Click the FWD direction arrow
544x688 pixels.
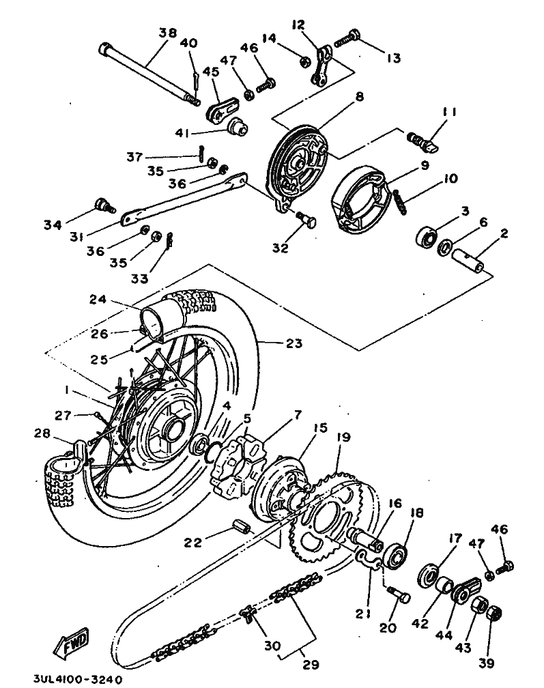(70, 643)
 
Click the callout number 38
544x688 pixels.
(168, 33)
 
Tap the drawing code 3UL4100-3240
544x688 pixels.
(78, 680)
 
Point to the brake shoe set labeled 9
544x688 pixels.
(360, 197)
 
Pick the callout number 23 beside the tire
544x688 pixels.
(294, 343)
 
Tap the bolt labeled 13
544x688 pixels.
(347, 39)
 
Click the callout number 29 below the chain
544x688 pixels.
(311, 664)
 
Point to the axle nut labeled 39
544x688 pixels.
(495, 613)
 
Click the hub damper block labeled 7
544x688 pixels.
(237, 468)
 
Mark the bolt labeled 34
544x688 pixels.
(104, 206)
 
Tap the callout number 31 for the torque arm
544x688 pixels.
(76, 236)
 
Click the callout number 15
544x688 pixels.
(321, 427)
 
